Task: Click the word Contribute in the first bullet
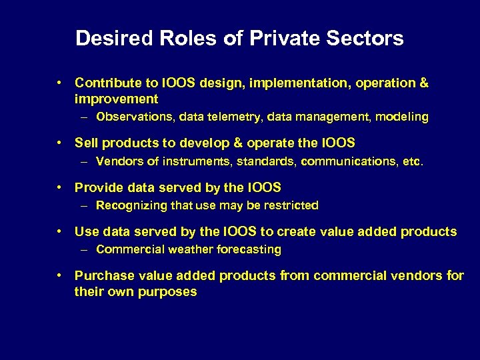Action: (107, 83)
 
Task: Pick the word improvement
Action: (116, 99)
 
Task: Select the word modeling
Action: (402, 117)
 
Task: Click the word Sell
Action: (85, 143)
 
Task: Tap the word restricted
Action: (289, 205)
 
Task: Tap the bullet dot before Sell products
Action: (60, 143)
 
